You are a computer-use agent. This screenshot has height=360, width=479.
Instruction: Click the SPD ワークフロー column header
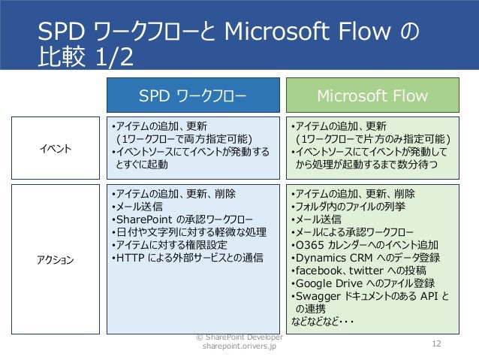pyautogui.click(x=194, y=95)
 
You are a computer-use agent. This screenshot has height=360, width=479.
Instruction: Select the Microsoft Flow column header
pyautogui.click(x=372, y=95)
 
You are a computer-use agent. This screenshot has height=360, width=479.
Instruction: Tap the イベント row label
pyautogui.click(x=57, y=148)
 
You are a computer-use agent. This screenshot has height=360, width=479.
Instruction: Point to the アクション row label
pyautogui.click(x=57, y=260)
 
